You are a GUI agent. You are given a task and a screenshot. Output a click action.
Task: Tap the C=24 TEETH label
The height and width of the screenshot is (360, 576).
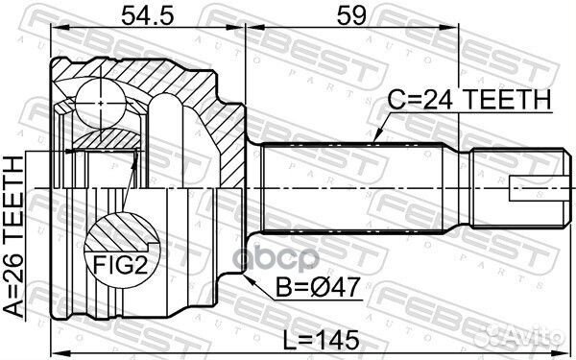[468, 100]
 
